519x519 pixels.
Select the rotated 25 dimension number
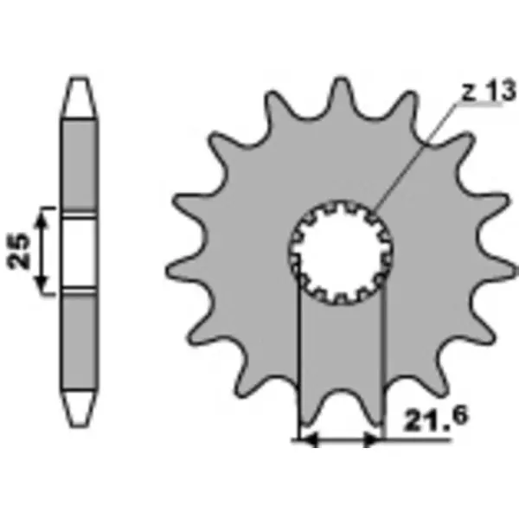coord(26,249)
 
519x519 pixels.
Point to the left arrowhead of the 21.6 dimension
coord(304,440)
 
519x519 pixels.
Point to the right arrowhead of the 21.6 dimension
coord(374,440)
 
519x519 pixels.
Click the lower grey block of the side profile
coord(78,337)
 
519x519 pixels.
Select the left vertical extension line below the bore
coord(298,363)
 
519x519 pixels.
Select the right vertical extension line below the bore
coord(381,363)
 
